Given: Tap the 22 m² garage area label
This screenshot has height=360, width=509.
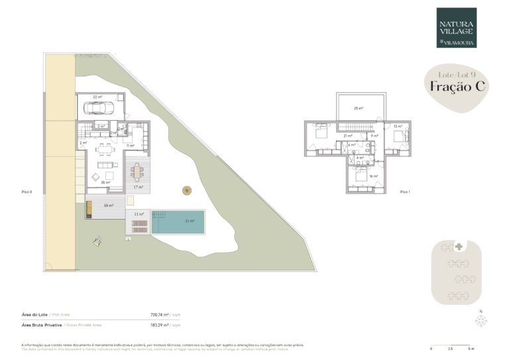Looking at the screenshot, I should (97, 97).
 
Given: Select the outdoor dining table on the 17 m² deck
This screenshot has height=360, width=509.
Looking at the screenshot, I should (137, 172).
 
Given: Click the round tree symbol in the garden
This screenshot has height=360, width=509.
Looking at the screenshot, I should (186, 190).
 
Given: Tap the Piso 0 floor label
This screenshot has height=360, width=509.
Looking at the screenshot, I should (27, 192).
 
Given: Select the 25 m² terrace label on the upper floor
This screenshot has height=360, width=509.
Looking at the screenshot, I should (358, 108).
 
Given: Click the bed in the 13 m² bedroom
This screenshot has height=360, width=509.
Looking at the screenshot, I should (400, 135).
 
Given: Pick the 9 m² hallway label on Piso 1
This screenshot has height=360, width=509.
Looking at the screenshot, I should (374, 136).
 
